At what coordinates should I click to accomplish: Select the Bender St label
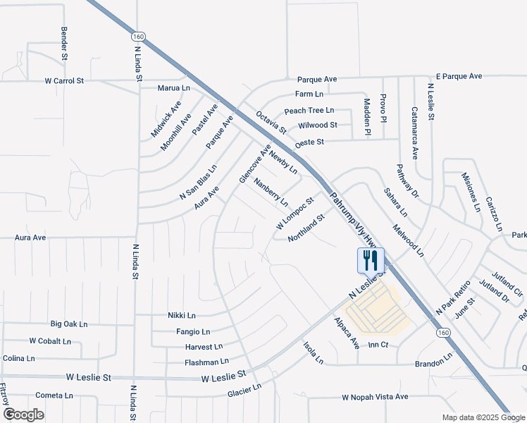click(x=64, y=43)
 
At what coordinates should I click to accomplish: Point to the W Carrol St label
click(x=64, y=81)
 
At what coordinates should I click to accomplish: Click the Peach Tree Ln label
click(x=309, y=111)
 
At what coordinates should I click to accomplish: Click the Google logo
click(x=23, y=415)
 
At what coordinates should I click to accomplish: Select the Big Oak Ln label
click(x=69, y=324)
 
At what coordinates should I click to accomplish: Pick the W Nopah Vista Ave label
click(x=375, y=397)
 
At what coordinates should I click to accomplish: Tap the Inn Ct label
click(x=378, y=345)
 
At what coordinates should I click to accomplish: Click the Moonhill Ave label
click(x=176, y=131)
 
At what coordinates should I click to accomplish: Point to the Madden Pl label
click(x=367, y=116)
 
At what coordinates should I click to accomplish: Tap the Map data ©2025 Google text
click(x=483, y=417)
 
